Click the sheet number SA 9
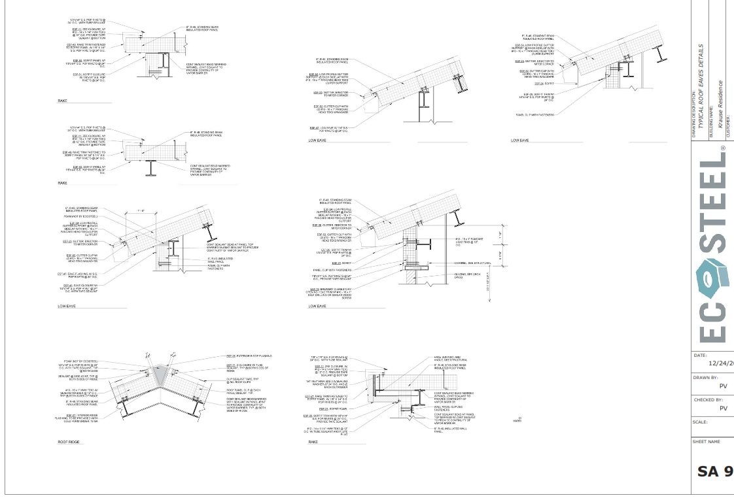(714, 471)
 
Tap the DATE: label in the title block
(699, 355)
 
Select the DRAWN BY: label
(705, 378)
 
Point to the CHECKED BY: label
(707, 400)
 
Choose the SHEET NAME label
(706, 442)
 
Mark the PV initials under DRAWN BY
(723, 386)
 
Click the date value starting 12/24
(721, 364)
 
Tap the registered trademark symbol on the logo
(722, 149)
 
